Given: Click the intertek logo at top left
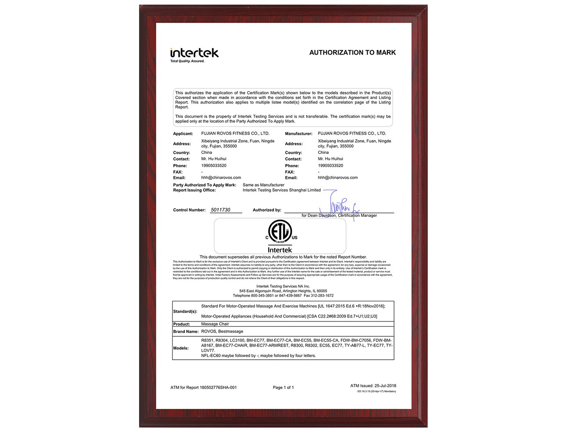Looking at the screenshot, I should [194, 53].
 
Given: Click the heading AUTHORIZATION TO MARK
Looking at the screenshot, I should [352, 52].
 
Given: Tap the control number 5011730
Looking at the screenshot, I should [220, 210].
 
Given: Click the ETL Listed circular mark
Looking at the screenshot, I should [280, 231].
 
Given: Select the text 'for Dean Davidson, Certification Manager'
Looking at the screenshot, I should [339, 215].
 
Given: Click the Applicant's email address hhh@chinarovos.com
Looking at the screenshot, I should [221, 178].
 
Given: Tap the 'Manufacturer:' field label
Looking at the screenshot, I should [299, 134].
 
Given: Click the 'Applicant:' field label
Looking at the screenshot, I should [183, 134].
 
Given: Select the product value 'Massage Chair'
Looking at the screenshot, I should [215, 324].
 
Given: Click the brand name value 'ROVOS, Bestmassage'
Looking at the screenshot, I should [222, 332].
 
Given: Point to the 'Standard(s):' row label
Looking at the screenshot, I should [185, 311].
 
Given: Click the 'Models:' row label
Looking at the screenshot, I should [181, 348].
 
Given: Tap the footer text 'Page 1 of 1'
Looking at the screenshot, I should [283, 387].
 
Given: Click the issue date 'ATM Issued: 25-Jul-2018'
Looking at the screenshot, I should [373, 386].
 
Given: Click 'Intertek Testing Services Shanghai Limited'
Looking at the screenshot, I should [282, 190].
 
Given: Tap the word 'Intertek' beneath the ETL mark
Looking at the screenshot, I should [280, 250].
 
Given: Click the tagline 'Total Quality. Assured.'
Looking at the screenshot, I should [187, 61].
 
